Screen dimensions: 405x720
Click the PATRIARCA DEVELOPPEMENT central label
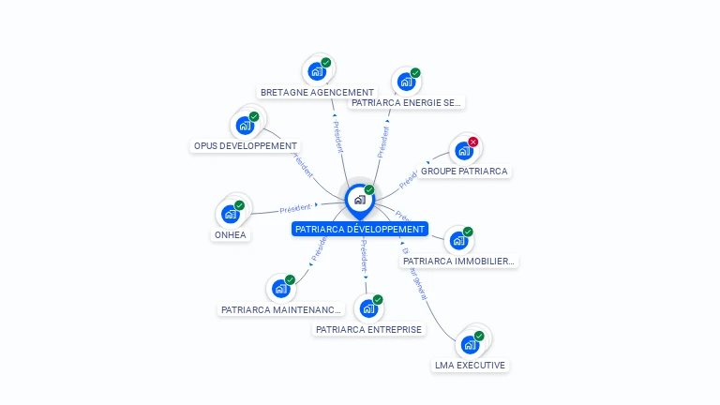[360, 229]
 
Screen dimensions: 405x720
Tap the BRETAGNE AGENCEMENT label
[317, 93]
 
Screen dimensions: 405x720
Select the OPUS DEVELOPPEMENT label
[245, 146]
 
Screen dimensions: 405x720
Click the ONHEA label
[230, 235]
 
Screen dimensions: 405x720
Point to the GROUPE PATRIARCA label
[464, 172]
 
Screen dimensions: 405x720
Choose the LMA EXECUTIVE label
[470, 365]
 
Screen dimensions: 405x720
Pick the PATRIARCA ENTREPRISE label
[368, 329]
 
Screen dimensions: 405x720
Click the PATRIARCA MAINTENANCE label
[281, 309]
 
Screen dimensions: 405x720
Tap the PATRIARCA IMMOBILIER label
[458, 261]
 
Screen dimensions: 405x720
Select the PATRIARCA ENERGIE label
[406, 102]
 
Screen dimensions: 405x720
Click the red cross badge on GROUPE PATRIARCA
[473, 142]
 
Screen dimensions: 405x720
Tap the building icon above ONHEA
[230, 215]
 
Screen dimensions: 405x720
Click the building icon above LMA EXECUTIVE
[470, 344]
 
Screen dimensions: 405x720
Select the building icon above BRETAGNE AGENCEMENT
[317, 71]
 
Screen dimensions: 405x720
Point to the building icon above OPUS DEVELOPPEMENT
[245, 126]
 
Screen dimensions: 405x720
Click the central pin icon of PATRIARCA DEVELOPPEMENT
[359, 200]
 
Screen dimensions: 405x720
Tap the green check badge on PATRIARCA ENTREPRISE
[378, 300]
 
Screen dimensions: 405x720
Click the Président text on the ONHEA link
[295, 207]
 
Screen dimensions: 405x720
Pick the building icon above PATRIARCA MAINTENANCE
[280, 289]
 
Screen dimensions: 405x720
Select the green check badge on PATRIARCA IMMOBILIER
[468, 232]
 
